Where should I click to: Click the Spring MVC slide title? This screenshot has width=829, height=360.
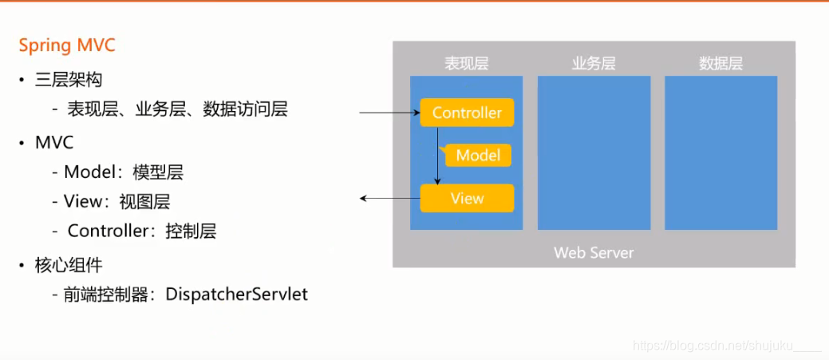[x=67, y=45]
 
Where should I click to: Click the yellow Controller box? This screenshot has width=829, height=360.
[x=467, y=113]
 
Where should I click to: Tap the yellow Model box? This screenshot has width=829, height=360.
[x=478, y=156]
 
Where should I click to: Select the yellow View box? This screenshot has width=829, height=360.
[x=467, y=198]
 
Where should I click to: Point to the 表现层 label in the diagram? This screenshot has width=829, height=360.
[x=466, y=64]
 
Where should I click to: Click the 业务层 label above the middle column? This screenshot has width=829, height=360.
[x=594, y=64]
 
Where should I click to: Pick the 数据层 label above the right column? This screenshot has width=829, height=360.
[x=720, y=64]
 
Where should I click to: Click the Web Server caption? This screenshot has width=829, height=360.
[x=594, y=253]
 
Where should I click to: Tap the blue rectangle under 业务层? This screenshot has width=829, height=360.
[x=594, y=152]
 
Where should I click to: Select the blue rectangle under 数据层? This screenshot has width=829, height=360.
[x=720, y=152]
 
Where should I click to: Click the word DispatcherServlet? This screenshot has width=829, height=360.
[x=236, y=295]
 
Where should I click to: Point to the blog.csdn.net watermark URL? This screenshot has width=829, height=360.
[x=726, y=345]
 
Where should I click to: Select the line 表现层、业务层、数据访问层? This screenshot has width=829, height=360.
[x=177, y=109]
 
